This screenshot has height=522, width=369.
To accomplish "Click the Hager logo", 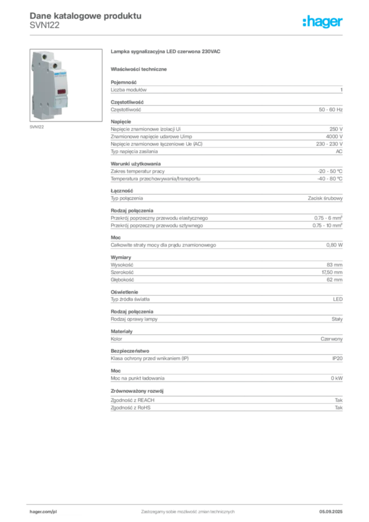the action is click(323, 21).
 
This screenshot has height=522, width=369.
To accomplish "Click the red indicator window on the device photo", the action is click(62, 92).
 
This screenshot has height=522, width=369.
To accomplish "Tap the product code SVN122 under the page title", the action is click(44, 25).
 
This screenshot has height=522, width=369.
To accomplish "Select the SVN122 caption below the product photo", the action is click(37, 127).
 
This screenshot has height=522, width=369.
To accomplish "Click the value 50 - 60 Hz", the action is click(330, 110).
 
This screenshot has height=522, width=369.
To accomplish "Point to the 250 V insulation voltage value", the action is click(336, 129).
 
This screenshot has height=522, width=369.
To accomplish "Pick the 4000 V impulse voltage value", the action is click(334, 137).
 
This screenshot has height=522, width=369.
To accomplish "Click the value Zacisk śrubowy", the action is click(325, 198).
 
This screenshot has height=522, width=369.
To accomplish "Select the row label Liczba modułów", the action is click(128, 90).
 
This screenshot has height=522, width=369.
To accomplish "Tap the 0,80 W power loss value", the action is click(334, 245).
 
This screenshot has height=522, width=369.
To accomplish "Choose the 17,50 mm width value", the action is click(332, 272).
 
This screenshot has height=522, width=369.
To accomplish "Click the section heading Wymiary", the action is click(121, 257).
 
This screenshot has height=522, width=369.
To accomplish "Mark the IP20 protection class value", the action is click(337, 358).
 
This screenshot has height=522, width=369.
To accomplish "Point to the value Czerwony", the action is click(331, 339).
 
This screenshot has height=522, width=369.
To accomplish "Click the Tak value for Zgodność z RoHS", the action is click(339, 408).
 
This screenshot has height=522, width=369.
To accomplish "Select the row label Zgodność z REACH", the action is click(133, 400).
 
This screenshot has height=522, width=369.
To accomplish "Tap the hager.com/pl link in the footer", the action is click(43, 512).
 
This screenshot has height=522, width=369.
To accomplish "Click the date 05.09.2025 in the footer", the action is click(331, 512).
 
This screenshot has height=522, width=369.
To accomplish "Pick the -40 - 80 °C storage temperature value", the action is click(330, 179).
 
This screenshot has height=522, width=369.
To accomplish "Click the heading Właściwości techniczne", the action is click(139, 69).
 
